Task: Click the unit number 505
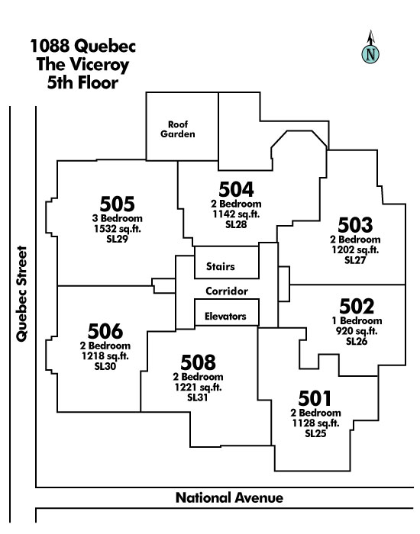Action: click(117, 204)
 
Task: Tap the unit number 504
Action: click(236, 189)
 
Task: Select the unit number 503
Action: click(355, 225)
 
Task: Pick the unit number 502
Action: click(357, 306)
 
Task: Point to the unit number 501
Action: click(315, 398)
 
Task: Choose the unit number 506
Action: click(105, 331)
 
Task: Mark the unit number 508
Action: click(198, 362)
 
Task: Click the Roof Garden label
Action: click(178, 130)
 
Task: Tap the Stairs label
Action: click(220, 266)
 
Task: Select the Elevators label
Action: click(225, 317)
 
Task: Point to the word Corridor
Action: click(227, 291)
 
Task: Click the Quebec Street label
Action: click(21, 294)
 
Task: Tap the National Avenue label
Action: click(229, 498)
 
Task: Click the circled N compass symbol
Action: click(370, 54)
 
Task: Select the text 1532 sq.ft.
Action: click(118, 229)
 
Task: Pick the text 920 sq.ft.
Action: click(357, 330)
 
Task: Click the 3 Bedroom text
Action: click(118, 218)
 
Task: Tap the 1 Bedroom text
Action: click(357, 321)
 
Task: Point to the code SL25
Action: click(315, 433)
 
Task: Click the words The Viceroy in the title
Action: click(82, 65)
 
